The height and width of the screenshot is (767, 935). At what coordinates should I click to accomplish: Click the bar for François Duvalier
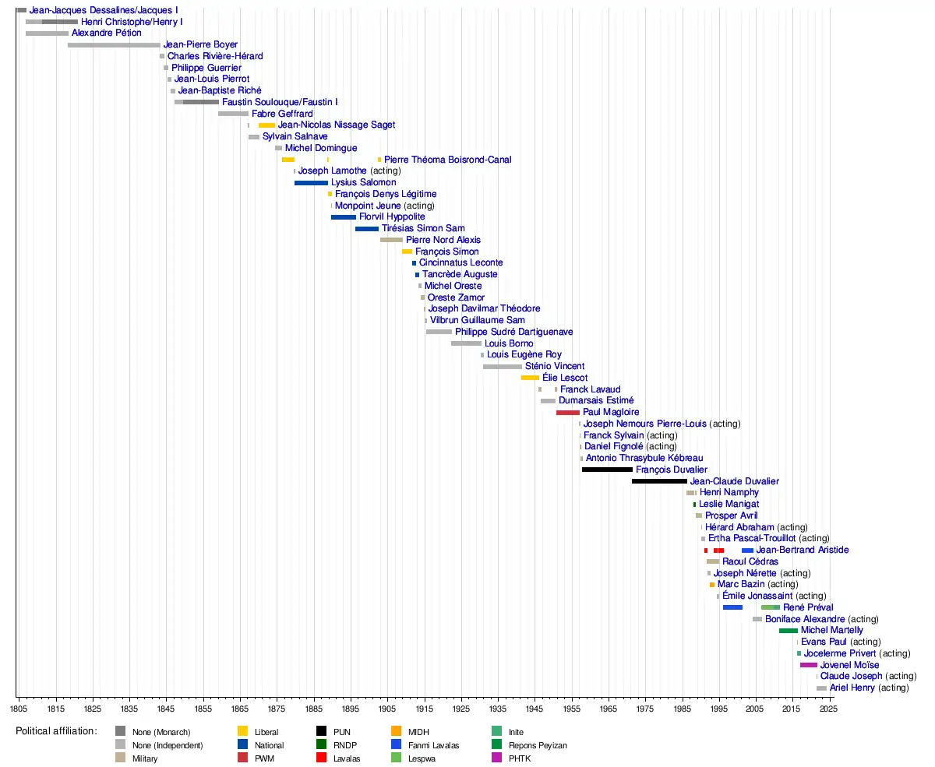point(607,470)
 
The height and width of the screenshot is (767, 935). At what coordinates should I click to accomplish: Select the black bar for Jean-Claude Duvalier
point(659,481)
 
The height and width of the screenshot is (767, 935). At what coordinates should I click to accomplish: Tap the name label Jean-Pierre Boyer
point(200,44)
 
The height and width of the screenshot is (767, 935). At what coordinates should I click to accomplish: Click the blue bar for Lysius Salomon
point(311,182)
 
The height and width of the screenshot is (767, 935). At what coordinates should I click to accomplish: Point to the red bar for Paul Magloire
point(567,412)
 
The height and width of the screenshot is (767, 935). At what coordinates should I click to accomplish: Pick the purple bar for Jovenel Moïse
point(808,665)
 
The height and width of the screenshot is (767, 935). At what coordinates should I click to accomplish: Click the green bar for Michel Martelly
point(788,630)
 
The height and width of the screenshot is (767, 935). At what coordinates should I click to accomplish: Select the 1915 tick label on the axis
point(424,709)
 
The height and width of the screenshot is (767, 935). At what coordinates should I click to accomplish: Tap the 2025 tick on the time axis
point(829,709)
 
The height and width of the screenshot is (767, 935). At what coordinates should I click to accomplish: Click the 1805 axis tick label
point(19,709)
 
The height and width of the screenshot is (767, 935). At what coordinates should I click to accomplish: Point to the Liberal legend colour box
point(242,732)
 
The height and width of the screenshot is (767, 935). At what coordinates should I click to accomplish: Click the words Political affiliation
point(56,731)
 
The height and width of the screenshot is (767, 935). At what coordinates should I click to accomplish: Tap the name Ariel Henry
point(852,688)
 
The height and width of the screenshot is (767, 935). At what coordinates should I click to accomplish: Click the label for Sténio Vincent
point(555,366)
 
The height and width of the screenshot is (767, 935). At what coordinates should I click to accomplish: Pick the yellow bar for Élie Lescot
point(530,378)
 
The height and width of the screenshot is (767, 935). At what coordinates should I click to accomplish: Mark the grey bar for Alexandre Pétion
point(47,33)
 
